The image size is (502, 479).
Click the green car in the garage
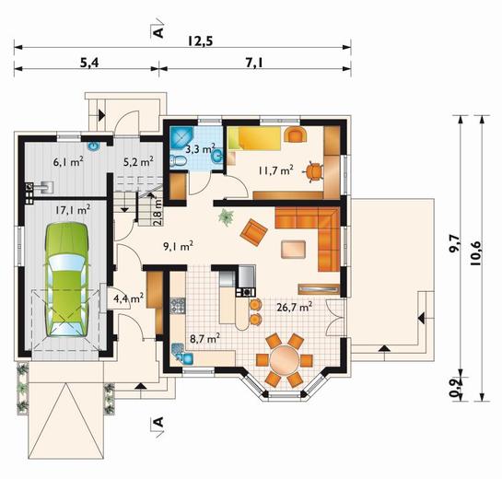tap(66, 279)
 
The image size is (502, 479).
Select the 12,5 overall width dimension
tap(201, 41)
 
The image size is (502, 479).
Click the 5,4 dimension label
tap(89, 63)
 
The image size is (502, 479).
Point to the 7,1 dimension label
tap(255, 63)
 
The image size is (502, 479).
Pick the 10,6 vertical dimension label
tap(476, 253)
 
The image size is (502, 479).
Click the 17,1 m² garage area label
tap(73, 210)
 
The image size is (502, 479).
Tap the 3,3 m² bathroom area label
tap(201, 149)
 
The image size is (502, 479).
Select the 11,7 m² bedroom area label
tap(276, 170)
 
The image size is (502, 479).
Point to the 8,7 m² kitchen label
tap(204, 339)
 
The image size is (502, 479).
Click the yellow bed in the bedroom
tap(254, 138)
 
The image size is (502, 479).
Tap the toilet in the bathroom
tap(178, 160)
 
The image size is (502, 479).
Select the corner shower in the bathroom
tap(181, 138)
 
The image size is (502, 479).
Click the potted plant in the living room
tap(226, 217)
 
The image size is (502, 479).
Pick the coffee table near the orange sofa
tap(293, 250)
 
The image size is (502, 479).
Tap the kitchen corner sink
tap(181, 354)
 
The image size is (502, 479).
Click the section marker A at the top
tap(158, 32)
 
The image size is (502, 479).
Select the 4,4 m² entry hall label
tap(128, 298)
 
